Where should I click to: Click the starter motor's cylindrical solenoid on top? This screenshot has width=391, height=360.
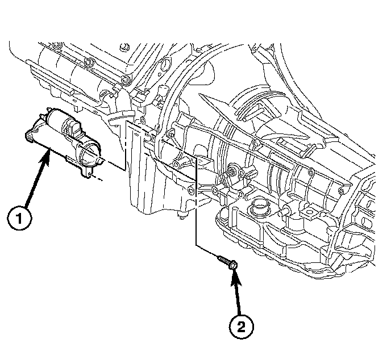(x=60, y=120)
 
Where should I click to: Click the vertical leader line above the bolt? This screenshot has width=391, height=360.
(x=195, y=204)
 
